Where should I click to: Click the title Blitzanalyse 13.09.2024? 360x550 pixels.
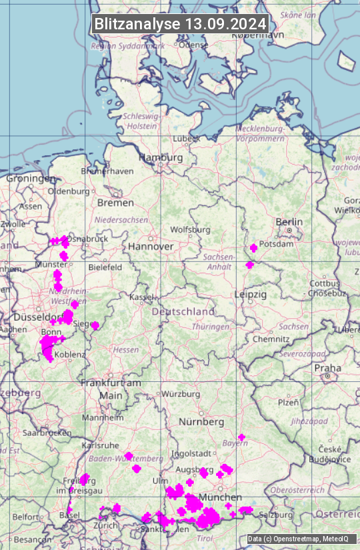point(180,24)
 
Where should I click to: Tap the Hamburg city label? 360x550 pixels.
point(160,157)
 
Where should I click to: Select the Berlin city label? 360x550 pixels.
point(289,221)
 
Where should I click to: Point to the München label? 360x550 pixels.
point(219,497)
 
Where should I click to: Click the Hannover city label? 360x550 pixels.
point(151,246)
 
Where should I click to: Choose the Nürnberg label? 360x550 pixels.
point(201,422)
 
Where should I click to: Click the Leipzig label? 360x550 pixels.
point(250,294)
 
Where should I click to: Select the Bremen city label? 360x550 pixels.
point(115,202)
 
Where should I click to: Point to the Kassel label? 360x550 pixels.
point(141,297)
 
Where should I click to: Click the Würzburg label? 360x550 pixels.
point(181,394)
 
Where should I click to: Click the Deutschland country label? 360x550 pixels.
point(183,311)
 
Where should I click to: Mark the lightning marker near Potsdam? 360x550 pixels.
point(253,248)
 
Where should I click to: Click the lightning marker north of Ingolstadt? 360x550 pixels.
point(241,437)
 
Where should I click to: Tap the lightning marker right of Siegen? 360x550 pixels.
point(95,325)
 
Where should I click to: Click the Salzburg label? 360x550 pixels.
point(276,515)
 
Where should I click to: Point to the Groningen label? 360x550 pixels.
point(31,179)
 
